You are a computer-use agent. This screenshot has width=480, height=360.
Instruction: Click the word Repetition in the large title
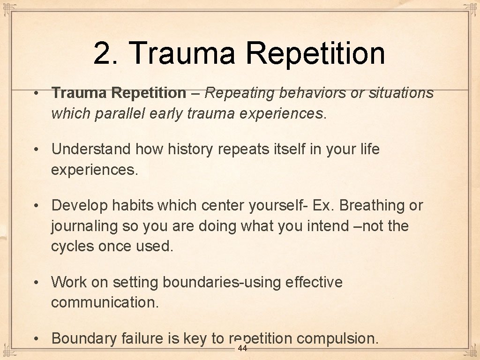pos(315,53)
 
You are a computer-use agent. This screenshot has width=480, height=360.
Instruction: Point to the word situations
pos(401,93)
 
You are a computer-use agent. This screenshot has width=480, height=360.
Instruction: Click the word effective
pos(314,282)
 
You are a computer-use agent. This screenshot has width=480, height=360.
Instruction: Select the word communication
pos(105,303)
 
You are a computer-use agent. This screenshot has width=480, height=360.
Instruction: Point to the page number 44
pos(242,348)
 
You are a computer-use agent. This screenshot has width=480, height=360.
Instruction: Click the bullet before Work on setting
pos(36,283)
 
